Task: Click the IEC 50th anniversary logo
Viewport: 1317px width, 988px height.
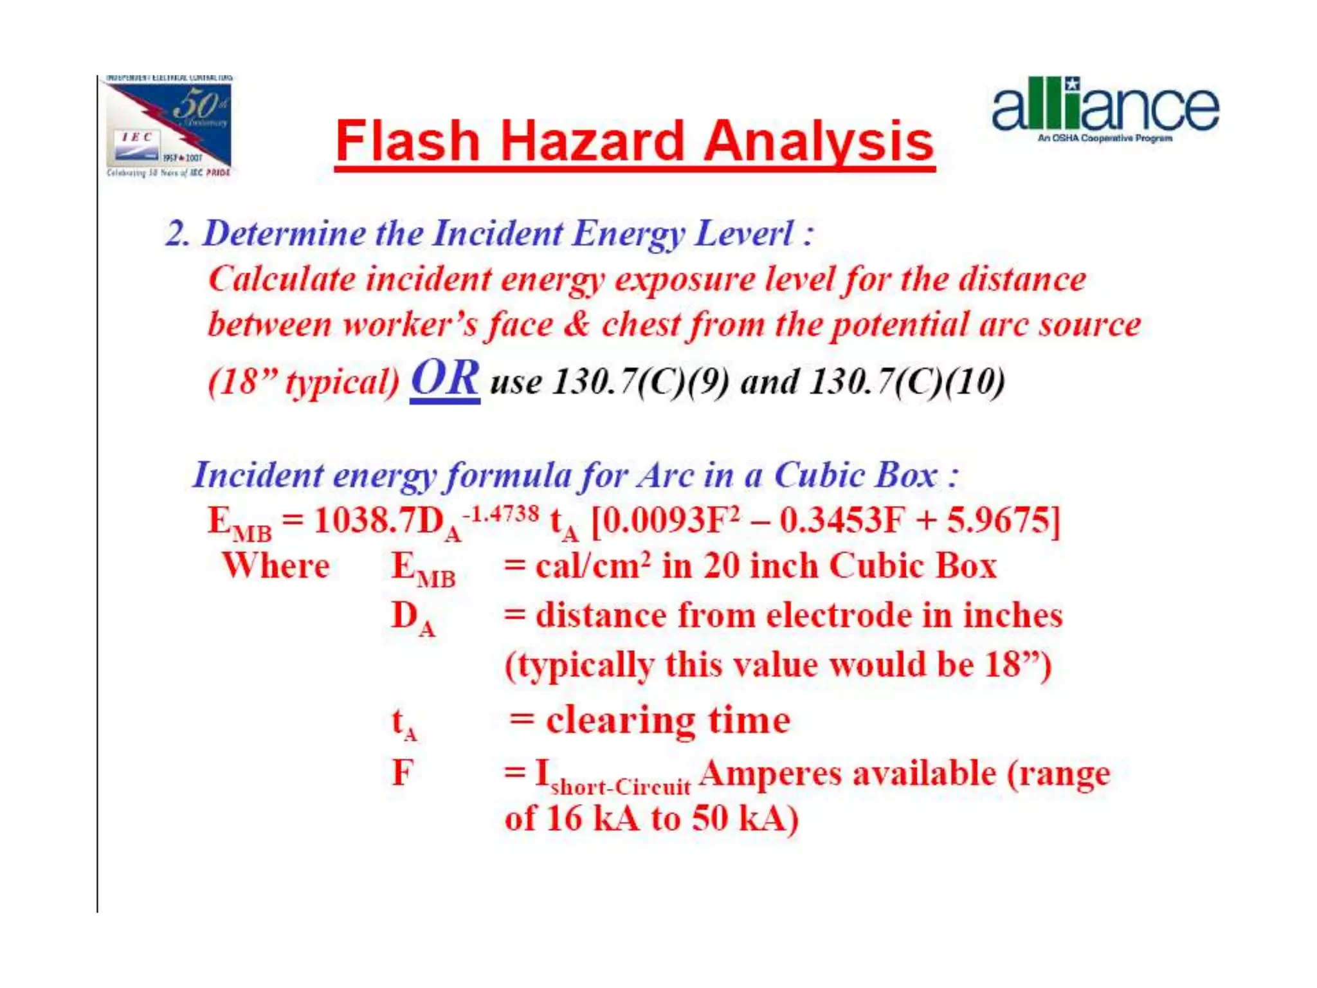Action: pos(168,126)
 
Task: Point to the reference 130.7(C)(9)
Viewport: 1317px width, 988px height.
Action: pos(641,381)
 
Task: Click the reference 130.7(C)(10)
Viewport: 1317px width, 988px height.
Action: pos(906,381)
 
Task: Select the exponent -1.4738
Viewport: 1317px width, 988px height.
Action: pos(500,513)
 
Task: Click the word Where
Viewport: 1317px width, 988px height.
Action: pos(276,566)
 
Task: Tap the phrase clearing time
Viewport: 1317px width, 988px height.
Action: pos(668,720)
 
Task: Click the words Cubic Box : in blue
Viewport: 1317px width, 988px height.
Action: pos(866,475)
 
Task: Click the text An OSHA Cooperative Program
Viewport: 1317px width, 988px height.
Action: pos(1104,138)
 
